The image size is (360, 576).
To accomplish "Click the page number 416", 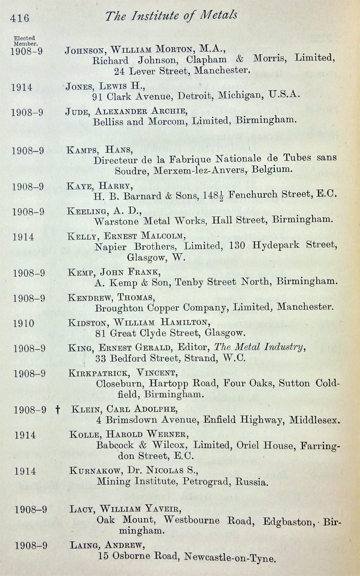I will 19,18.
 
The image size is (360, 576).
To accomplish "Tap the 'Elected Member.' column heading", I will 25,41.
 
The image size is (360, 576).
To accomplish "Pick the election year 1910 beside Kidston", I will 24,324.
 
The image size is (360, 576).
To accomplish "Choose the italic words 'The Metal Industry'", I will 260,347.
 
